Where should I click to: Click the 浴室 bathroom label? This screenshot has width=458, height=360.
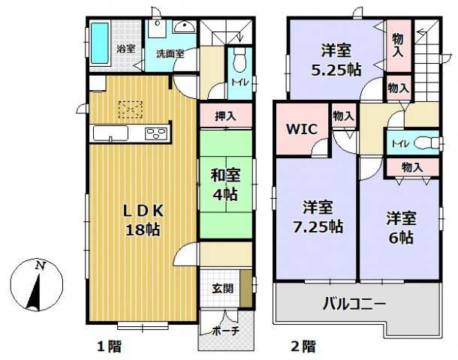(125, 49)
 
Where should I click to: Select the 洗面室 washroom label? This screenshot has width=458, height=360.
(170, 54)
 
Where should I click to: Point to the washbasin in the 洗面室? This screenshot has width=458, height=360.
(183, 28)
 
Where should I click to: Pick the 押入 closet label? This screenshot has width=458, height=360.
(224, 116)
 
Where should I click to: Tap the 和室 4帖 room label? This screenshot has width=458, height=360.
(224, 183)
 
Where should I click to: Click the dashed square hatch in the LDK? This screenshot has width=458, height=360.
(132, 111)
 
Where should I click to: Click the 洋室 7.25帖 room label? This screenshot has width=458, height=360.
(316, 215)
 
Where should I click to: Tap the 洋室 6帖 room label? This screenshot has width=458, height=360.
(400, 227)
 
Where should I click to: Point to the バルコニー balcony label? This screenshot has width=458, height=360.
(354, 304)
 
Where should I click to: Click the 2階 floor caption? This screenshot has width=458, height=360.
(303, 346)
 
